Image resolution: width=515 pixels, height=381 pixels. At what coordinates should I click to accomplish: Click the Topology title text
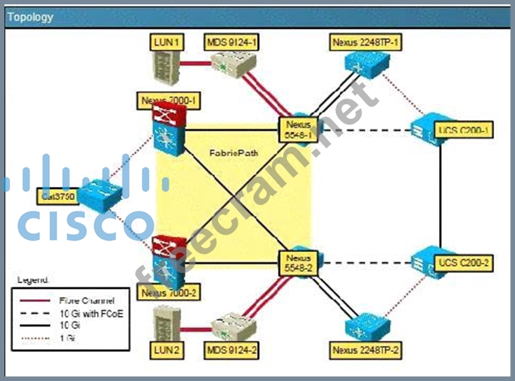point(30,17)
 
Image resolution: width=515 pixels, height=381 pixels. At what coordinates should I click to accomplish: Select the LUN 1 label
point(167,43)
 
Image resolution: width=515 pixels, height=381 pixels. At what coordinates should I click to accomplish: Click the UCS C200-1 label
point(464,130)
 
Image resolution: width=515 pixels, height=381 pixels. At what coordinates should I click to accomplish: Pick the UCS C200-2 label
point(465,261)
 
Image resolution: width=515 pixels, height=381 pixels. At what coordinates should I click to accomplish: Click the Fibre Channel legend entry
point(85,298)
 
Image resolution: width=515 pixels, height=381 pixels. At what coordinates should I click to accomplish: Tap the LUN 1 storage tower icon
point(166,70)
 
